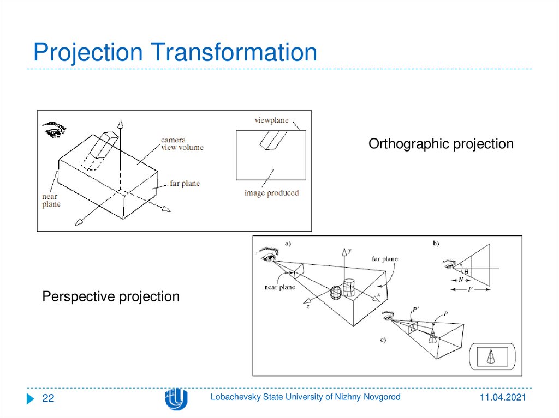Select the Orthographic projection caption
pyautogui.click(x=441, y=144)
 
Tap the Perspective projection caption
pyautogui.click(x=111, y=296)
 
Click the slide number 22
pyautogui.click(x=49, y=399)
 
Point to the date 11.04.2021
pyautogui.click(x=503, y=398)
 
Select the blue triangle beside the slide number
pyautogui.click(x=31, y=399)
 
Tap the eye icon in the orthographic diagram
pyautogui.click(x=55, y=129)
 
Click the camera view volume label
pyautogui.click(x=182, y=144)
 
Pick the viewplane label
pyautogui.click(x=271, y=120)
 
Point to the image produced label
pyautogui.click(x=271, y=193)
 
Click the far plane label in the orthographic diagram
pyautogui.click(x=184, y=184)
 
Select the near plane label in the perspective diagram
pyautogui.click(x=279, y=287)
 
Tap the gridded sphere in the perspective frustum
pyautogui.click(x=336, y=293)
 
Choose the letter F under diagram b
pyautogui.click(x=471, y=290)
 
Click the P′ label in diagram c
pyautogui.click(x=416, y=310)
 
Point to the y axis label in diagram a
pyautogui.click(x=349, y=250)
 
